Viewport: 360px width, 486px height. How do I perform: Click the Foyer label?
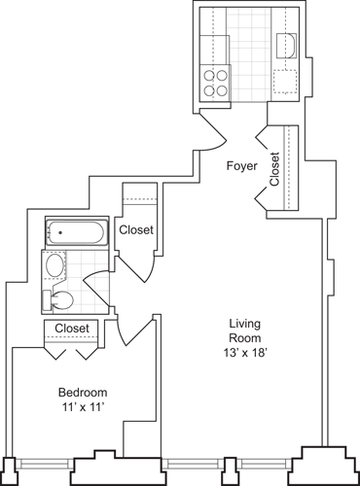pos(241,166)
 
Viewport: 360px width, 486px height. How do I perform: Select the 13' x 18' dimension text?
pos(242,353)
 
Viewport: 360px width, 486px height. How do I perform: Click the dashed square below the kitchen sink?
pos(287,82)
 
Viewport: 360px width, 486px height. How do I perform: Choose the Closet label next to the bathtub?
pos(135,229)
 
